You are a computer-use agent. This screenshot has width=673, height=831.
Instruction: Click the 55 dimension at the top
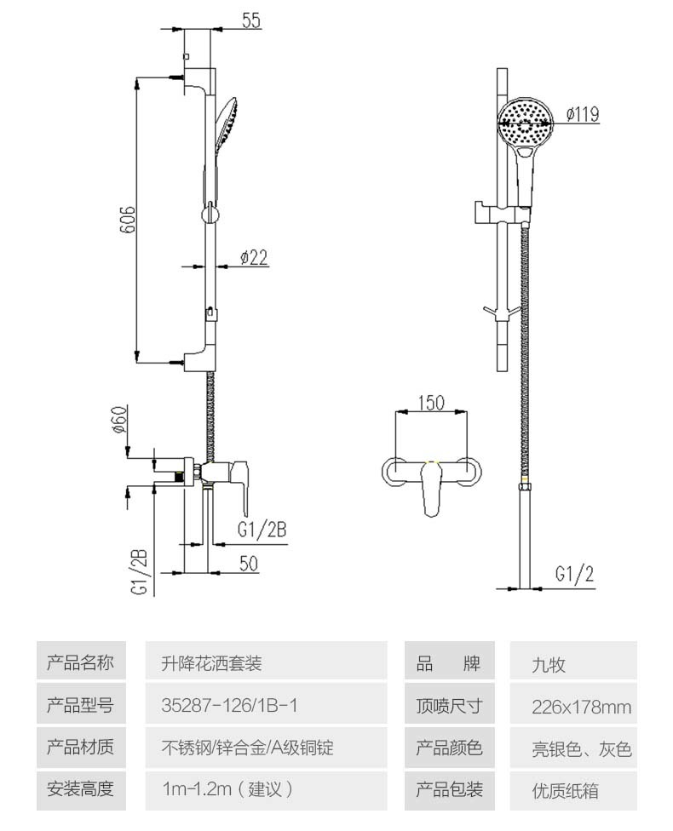(250, 20)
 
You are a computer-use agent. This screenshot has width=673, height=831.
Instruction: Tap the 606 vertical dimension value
(127, 220)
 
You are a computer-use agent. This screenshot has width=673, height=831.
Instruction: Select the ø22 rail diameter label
(254, 258)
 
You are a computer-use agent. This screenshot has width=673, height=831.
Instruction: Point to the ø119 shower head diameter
(583, 114)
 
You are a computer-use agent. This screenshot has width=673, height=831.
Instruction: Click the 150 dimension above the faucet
(431, 403)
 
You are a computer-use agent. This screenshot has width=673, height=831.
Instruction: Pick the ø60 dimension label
(120, 419)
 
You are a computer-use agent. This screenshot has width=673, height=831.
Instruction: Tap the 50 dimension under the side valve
(248, 564)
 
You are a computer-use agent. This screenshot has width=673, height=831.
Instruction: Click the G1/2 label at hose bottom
(574, 574)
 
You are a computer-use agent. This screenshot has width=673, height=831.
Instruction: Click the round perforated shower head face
(525, 123)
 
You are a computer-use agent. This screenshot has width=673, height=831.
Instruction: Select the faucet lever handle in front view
(432, 489)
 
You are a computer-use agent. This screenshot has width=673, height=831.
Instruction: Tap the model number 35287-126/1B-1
(229, 705)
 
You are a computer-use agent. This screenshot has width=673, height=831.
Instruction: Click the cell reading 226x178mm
(581, 707)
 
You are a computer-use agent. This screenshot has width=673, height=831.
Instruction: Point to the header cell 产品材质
(81, 747)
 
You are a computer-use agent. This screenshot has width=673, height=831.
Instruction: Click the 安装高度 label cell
(81, 789)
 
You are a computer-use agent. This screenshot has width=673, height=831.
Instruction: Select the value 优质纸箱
(565, 791)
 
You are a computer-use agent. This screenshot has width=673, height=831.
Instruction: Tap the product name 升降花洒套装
(211, 663)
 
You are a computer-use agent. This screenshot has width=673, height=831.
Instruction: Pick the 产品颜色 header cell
(449, 748)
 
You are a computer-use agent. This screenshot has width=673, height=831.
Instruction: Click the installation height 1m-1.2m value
(227, 789)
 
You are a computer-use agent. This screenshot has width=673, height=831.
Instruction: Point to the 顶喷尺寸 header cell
(449, 705)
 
